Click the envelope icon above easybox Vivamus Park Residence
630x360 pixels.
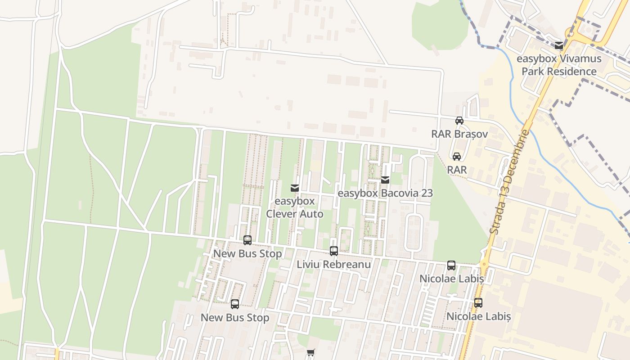coord(559,45)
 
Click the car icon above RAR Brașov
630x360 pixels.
coord(459,121)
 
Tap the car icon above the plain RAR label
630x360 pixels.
coord(457,157)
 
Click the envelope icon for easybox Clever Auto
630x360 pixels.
coord(295,188)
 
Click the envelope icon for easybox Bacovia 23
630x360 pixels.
coord(385,180)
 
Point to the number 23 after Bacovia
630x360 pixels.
coord(427,193)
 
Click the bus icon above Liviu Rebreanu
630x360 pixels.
coord(333,251)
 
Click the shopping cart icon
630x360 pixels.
coord(310,353)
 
